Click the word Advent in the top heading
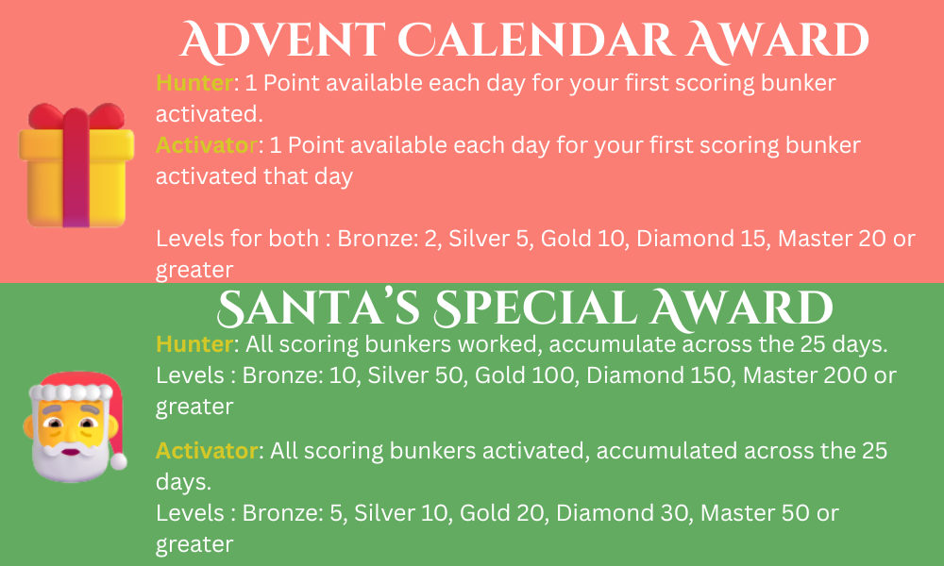click(x=282, y=41)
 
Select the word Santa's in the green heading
click(x=318, y=308)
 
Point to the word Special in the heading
click(x=535, y=308)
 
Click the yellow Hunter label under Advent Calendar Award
click(x=194, y=82)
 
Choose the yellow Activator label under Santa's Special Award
click(x=207, y=451)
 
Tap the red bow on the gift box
click(x=76, y=116)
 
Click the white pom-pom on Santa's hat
click(x=118, y=461)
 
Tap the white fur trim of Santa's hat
click(x=72, y=392)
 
